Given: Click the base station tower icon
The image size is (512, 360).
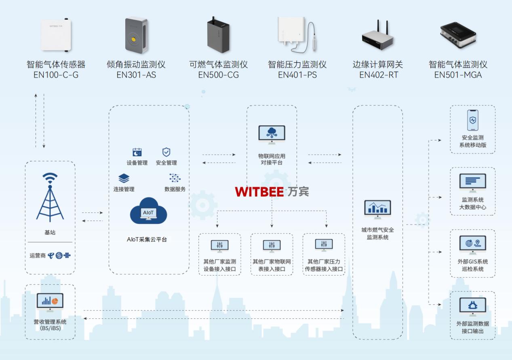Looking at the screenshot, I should pyautogui.click(x=50, y=198).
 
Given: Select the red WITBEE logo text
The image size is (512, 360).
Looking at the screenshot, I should pyautogui.click(x=259, y=192).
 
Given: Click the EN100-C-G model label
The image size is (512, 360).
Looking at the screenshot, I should pyautogui.click(x=56, y=75).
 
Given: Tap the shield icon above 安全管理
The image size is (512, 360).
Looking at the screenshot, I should pyautogui.click(x=166, y=152).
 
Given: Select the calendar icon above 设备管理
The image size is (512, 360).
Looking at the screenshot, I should pyautogui.click(x=137, y=152).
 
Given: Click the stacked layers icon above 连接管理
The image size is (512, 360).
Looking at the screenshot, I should pyautogui.click(x=124, y=178).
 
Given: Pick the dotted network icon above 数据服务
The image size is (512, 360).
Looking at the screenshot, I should pyautogui.click(x=175, y=178).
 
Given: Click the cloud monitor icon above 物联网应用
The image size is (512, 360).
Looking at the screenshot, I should pyautogui.click(x=272, y=135).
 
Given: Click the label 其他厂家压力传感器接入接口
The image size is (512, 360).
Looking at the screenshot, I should pyautogui.click(x=324, y=265).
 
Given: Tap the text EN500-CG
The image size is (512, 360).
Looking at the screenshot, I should pyautogui.click(x=218, y=75).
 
